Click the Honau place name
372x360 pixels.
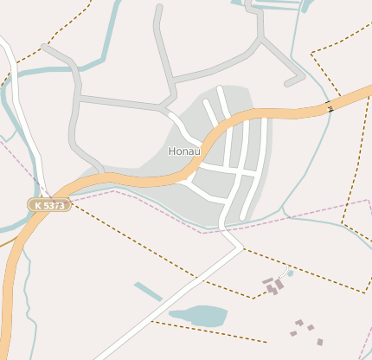coord(183,151)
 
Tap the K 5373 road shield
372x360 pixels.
coord(49,205)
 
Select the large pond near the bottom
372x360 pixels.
coord(198,316)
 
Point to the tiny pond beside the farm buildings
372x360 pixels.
coord(290,273)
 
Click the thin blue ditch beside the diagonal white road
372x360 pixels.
coord(148,292)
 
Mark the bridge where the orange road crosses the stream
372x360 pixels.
coord(330,107)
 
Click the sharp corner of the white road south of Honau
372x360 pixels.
coord(241,247)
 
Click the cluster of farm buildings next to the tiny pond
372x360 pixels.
coord(273,286)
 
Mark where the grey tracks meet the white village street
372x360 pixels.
coord(164,108)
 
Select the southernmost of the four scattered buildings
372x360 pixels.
coord(320,342)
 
